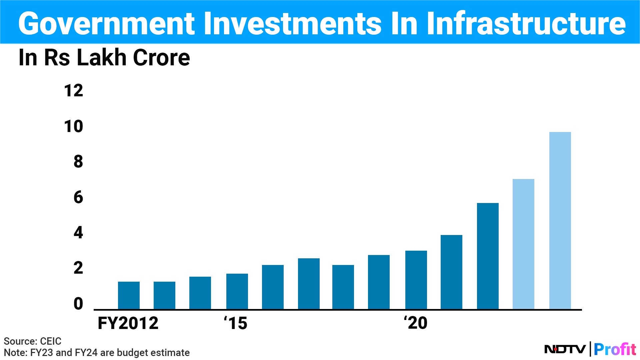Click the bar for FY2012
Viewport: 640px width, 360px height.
point(129,295)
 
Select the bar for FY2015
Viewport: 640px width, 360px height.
point(237,291)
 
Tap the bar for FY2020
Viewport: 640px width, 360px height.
point(416,280)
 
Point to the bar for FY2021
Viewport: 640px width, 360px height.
point(451,272)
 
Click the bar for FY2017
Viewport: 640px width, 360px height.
point(309,284)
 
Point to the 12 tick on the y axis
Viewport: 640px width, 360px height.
point(73,91)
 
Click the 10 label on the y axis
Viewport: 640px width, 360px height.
point(73,126)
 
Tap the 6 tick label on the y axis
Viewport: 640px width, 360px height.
point(78,197)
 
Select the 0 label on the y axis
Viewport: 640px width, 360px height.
point(78,304)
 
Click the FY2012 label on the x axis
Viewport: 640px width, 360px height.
point(128,323)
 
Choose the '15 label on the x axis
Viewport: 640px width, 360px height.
point(236,323)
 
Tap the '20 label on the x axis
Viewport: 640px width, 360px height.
point(416,323)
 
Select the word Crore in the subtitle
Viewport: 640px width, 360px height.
point(161,58)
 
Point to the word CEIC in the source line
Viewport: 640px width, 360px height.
point(51,341)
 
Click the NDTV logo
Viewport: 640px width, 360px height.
point(565,349)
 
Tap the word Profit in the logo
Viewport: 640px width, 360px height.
point(615,349)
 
